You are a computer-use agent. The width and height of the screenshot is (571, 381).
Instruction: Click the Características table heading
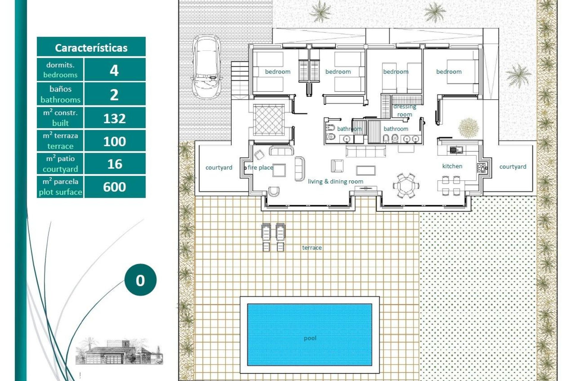click(91, 48)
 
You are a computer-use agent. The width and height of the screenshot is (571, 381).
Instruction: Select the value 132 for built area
click(114, 118)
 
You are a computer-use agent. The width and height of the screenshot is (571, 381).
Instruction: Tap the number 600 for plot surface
click(114, 187)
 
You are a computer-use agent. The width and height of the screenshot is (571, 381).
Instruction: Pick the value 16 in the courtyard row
click(114, 164)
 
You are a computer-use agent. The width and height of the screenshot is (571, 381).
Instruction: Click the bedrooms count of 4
click(114, 70)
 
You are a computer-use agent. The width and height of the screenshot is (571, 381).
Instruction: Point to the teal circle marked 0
click(140, 280)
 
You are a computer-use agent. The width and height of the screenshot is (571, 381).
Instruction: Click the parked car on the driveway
click(206, 66)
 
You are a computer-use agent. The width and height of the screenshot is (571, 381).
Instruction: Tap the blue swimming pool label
click(310, 338)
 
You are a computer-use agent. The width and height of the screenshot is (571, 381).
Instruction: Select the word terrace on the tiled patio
click(312, 248)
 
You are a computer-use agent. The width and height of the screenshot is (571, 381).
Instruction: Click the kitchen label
click(452, 166)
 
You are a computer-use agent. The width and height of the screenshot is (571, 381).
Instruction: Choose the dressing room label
click(405, 110)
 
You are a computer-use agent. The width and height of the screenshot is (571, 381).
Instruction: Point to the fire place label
click(260, 168)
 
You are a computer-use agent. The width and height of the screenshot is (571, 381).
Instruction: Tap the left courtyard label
click(219, 168)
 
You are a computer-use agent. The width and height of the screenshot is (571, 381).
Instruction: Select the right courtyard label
click(513, 167)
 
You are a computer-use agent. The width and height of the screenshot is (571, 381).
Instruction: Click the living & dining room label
click(335, 181)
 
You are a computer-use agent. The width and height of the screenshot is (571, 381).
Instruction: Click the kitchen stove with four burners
click(481, 168)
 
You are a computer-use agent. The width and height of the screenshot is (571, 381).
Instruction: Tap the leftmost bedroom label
click(277, 72)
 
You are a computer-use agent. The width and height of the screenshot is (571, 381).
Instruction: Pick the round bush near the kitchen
click(468, 128)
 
